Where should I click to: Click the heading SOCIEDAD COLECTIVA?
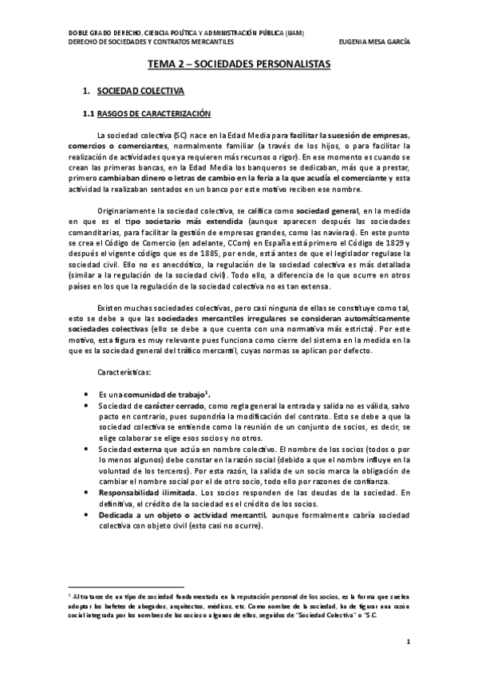coord(142,92)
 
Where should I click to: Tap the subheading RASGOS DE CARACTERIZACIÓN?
coord(152,114)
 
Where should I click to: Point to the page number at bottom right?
coord(408,641)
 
